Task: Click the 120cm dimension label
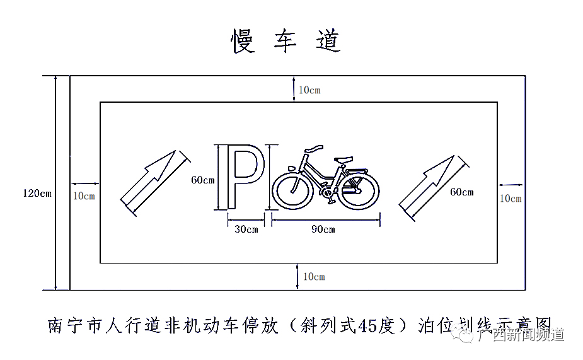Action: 36,193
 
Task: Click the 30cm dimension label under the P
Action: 246,229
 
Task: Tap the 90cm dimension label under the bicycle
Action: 323,229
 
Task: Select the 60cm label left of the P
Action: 203,180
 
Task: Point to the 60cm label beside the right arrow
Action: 461,192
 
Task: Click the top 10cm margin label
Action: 309,90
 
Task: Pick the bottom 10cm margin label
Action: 314,277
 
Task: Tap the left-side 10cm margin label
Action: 84,196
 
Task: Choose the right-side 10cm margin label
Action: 511,199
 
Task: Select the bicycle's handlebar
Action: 313,149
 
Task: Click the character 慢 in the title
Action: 243,41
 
